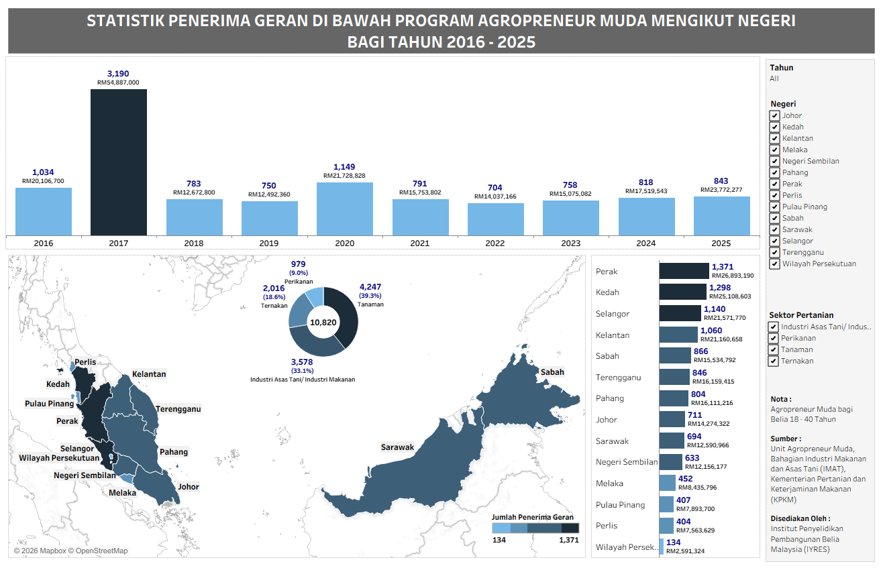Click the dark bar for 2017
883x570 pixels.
pyautogui.click(x=119, y=162)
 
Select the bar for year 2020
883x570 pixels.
pyautogui.click(x=345, y=209)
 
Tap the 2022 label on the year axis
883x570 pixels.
pyautogui.click(x=496, y=243)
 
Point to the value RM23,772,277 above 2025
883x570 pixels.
pyautogui.click(x=722, y=190)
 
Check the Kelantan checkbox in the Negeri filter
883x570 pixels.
pyautogui.click(x=775, y=139)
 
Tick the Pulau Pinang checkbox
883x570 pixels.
pyautogui.click(x=775, y=207)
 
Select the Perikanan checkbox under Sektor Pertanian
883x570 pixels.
pyautogui.click(x=774, y=339)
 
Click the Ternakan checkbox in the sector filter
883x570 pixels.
pyautogui.click(x=774, y=361)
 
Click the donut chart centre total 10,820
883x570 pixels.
pyautogui.click(x=323, y=323)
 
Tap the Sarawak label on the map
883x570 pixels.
pyautogui.click(x=398, y=447)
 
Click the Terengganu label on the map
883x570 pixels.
pyautogui.click(x=178, y=409)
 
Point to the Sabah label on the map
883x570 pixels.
pyautogui.click(x=552, y=372)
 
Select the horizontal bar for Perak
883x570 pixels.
pyautogui.click(x=684, y=271)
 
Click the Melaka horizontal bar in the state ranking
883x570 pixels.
pyautogui.click(x=667, y=483)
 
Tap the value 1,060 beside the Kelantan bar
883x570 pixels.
pyautogui.click(x=711, y=331)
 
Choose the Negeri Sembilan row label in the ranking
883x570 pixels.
pyautogui.click(x=626, y=462)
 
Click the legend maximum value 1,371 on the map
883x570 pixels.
pyautogui.click(x=568, y=540)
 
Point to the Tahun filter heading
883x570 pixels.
pyautogui.click(x=781, y=68)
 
